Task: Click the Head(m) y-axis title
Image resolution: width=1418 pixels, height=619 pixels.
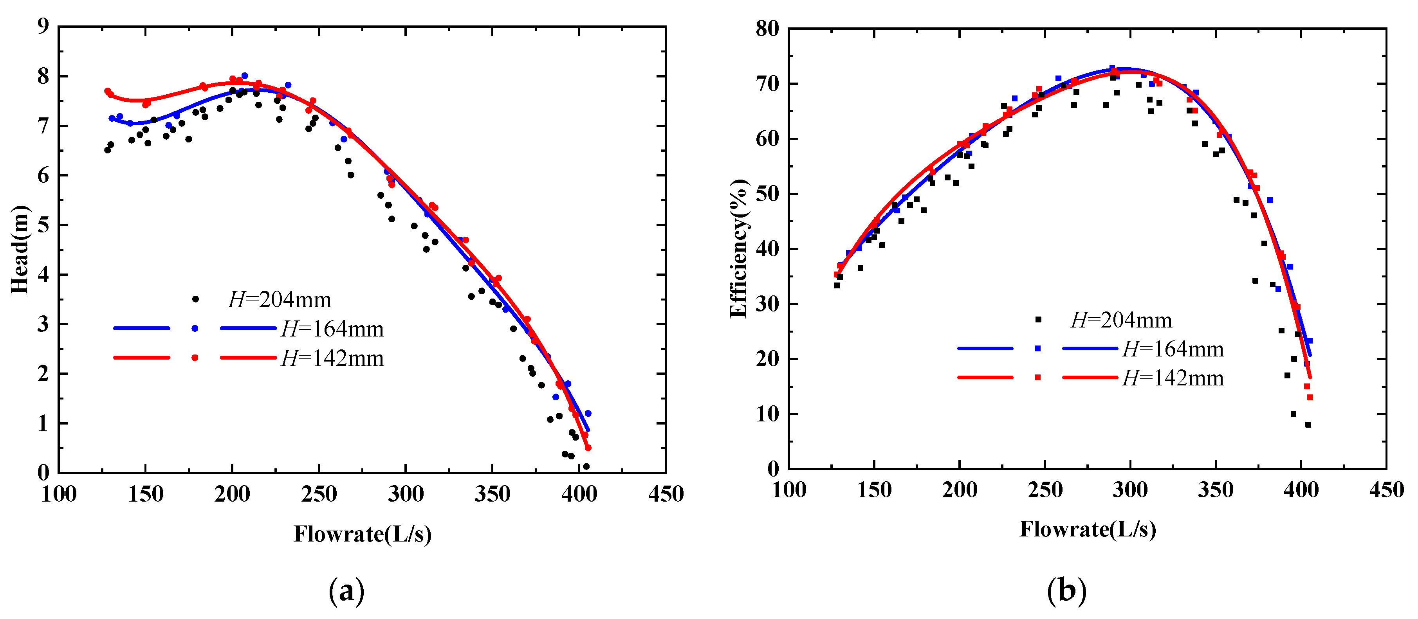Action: (x=20, y=249)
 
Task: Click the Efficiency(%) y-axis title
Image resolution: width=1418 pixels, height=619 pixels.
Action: (x=739, y=249)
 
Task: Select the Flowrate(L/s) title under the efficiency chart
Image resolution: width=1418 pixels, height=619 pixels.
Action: (x=1087, y=529)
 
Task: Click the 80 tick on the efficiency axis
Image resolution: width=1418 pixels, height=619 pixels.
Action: (x=767, y=29)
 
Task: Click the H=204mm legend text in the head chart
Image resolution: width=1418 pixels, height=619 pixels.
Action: (x=280, y=300)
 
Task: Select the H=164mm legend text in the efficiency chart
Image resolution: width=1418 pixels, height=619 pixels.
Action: (x=1173, y=349)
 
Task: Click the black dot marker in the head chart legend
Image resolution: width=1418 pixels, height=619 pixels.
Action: (x=195, y=299)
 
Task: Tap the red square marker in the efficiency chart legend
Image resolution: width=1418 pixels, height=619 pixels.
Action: (x=1037, y=378)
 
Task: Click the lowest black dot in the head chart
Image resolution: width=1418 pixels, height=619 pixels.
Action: (x=586, y=466)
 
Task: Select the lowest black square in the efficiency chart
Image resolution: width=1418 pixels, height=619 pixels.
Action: (x=1308, y=425)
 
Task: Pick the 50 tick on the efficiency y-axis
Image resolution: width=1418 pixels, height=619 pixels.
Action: (x=767, y=194)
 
